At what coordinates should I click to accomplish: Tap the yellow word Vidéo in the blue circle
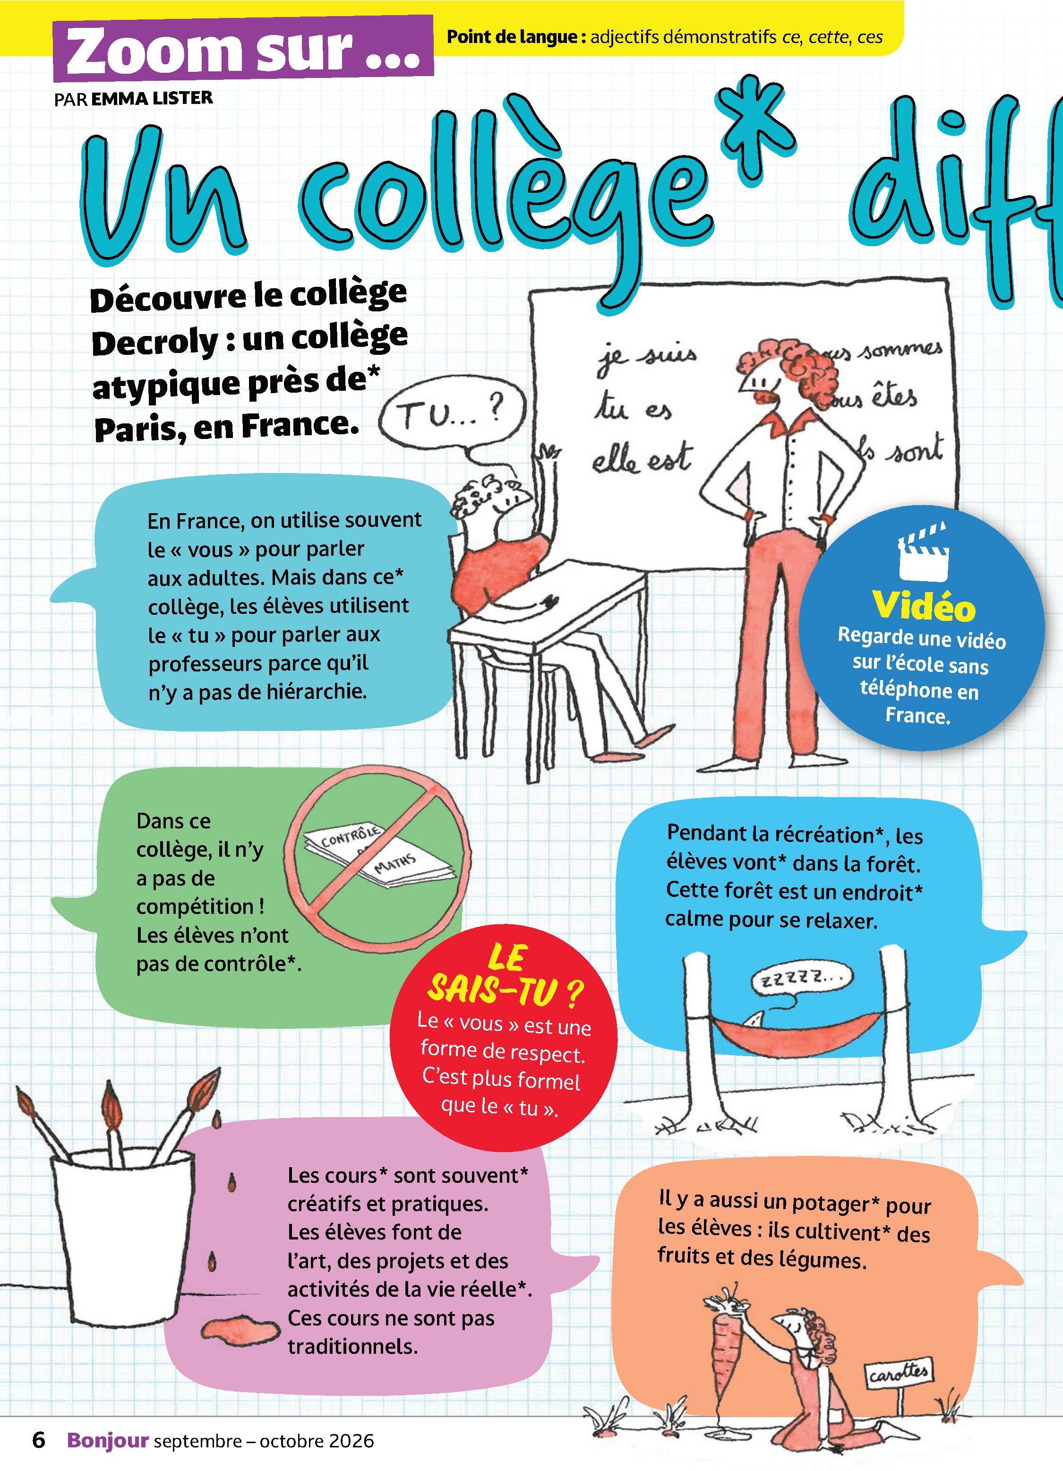coord(924,606)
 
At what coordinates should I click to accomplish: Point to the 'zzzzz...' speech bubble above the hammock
coord(802,980)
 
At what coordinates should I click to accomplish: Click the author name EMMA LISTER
coord(152,98)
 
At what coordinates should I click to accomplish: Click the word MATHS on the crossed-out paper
coord(394,864)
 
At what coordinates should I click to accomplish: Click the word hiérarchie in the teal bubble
coord(316,691)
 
